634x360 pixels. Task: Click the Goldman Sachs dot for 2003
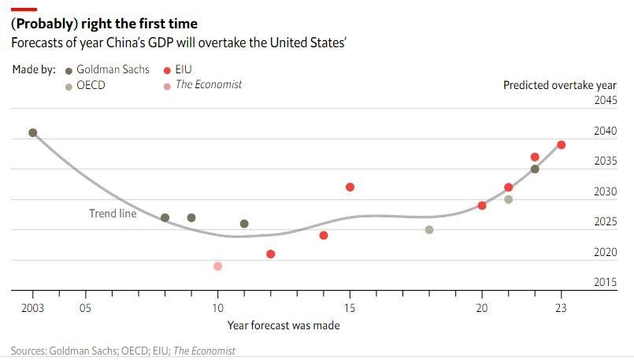point(33,132)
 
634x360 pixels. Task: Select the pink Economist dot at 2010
point(217,266)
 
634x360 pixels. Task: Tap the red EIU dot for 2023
point(561,145)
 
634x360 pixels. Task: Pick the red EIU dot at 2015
point(350,187)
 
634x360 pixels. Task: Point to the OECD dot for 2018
point(429,230)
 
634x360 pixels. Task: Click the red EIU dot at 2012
point(270,254)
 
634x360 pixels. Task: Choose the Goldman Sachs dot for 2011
point(244,224)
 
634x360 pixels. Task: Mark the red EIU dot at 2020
point(481,206)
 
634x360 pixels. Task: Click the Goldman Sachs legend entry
point(107,70)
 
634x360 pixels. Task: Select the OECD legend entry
point(85,85)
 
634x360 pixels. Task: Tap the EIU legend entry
point(177,70)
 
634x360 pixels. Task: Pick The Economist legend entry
point(202,85)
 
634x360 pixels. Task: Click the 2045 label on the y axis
point(606,100)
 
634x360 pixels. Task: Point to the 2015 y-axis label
point(606,282)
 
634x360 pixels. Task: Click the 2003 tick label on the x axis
point(32,308)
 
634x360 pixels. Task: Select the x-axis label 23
point(561,308)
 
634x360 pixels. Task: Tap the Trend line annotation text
point(113,213)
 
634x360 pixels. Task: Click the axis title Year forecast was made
point(284,325)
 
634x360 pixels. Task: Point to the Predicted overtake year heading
point(560,85)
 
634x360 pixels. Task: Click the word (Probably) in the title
point(44,24)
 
